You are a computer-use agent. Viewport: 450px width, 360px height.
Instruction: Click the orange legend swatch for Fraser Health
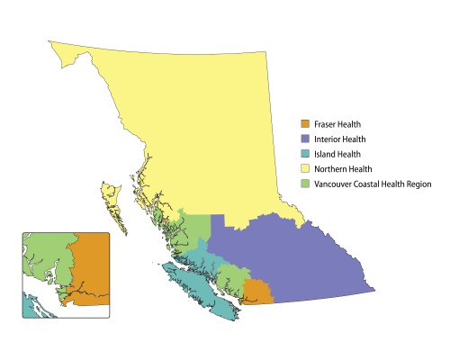click(305, 124)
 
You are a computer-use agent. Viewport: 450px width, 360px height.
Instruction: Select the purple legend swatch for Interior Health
click(305, 139)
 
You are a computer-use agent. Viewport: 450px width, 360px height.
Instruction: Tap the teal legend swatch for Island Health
click(305, 154)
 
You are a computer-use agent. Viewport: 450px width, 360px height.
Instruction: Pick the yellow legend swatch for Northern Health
click(305, 169)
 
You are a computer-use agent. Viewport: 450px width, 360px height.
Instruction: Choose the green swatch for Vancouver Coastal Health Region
click(305, 184)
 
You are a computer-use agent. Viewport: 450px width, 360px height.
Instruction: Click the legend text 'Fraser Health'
click(338, 124)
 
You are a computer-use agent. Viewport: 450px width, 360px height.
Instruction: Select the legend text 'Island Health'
click(337, 154)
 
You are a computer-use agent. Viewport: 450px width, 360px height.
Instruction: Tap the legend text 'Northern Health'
click(343, 169)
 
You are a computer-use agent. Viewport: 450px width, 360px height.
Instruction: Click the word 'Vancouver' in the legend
click(334, 184)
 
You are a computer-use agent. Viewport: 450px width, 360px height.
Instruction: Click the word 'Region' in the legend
click(419, 184)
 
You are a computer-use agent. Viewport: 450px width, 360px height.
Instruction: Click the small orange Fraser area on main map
click(257, 292)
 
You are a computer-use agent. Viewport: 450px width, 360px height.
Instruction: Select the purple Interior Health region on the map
click(297, 261)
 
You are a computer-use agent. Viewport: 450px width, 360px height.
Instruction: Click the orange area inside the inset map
click(90, 270)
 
